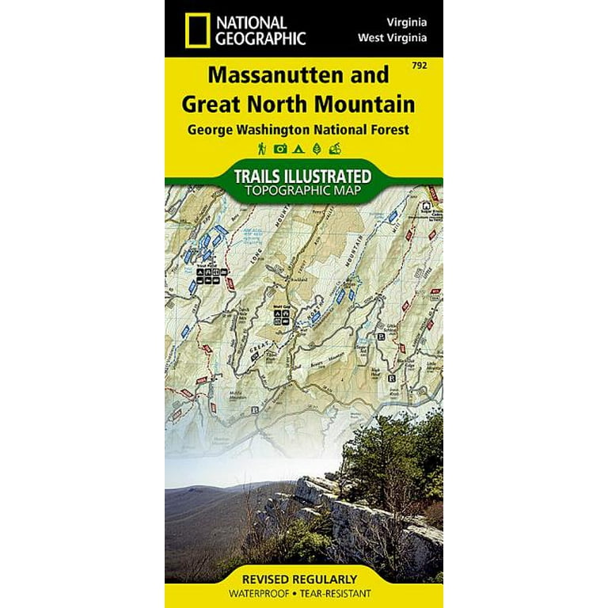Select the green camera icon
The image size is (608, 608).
pyautogui.click(x=279, y=148)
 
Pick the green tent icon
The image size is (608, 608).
pyautogui.click(x=298, y=148)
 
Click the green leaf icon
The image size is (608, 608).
pyautogui.click(x=317, y=148)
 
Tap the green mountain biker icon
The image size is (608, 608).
pyautogui.click(x=336, y=148)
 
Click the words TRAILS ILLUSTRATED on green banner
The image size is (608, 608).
pyautogui.click(x=303, y=174)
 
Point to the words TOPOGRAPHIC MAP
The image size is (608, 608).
pyautogui.click(x=303, y=190)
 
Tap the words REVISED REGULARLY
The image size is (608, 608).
pyautogui.click(x=304, y=578)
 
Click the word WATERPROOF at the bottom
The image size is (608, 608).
pyautogui.click(x=270, y=593)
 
